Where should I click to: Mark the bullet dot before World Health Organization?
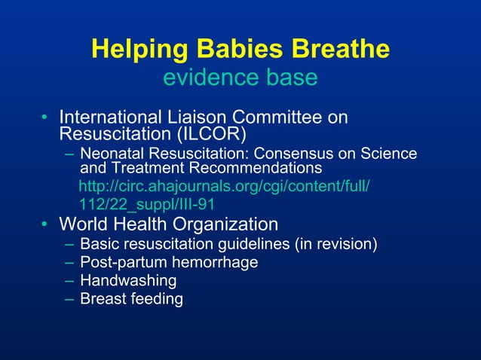(x=44, y=225)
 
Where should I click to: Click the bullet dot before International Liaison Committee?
(x=44, y=118)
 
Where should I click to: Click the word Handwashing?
(x=128, y=281)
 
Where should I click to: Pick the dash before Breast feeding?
(x=69, y=299)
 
